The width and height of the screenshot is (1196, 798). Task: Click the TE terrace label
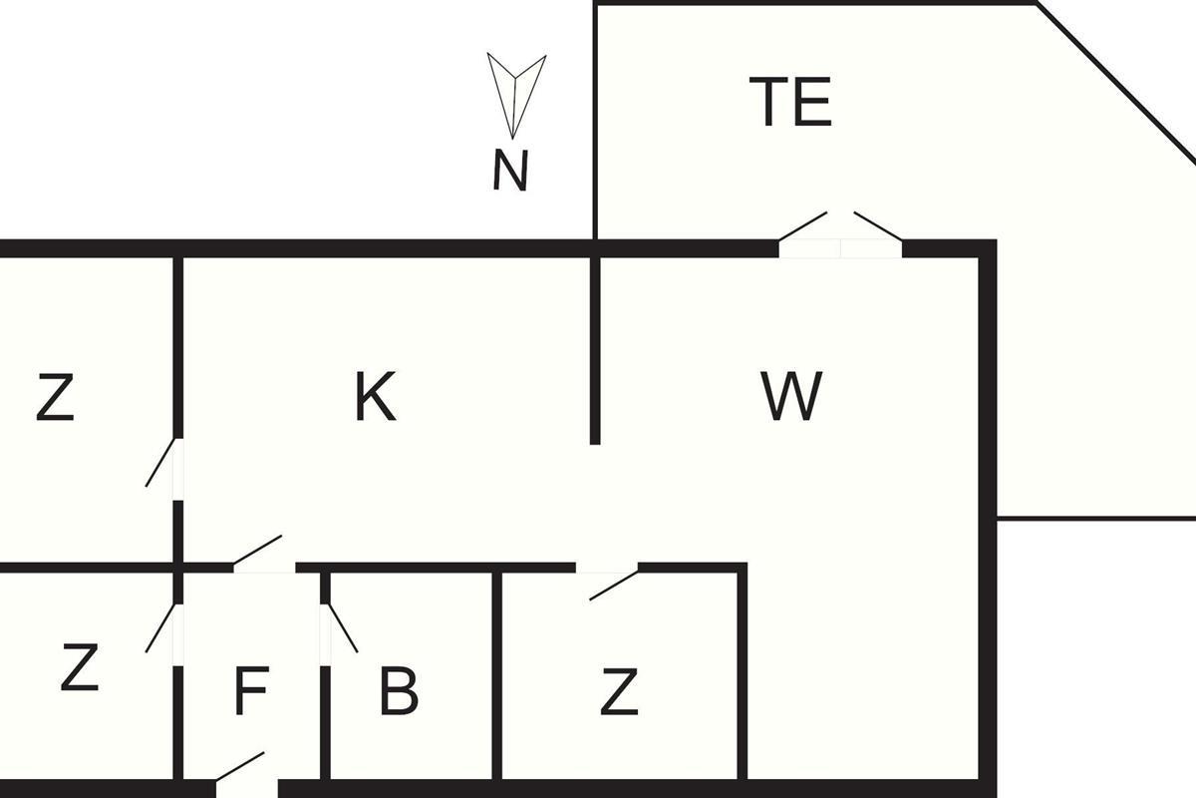tap(790, 101)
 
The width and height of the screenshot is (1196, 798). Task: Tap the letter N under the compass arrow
tap(510, 170)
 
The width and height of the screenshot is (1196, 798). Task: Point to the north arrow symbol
tap(515, 95)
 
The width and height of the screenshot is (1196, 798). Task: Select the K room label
tap(376, 396)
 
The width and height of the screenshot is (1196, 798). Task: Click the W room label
tap(791, 396)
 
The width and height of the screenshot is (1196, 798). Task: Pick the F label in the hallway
tap(251, 690)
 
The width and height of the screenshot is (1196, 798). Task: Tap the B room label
tap(399, 690)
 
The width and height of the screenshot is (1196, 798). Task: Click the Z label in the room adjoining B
tap(619, 691)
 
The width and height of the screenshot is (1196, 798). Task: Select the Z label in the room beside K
tap(55, 397)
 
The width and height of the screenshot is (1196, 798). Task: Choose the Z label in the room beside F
tap(80, 667)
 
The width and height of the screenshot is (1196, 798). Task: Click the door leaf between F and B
tap(342, 627)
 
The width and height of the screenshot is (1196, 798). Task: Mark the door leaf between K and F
tap(257, 550)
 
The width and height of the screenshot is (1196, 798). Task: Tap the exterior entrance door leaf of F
tap(240, 766)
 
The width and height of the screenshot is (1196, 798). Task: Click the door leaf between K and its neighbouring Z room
tap(160, 462)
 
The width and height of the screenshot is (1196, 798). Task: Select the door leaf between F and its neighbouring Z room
tap(160, 628)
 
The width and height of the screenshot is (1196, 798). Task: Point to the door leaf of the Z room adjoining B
tap(614, 586)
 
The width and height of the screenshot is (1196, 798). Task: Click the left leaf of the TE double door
tap(803, 226)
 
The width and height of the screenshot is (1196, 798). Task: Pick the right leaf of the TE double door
tap(878, 226)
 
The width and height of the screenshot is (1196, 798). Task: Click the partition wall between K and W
tap(595, 351)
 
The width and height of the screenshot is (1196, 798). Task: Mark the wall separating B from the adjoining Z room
tap(497, 675)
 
